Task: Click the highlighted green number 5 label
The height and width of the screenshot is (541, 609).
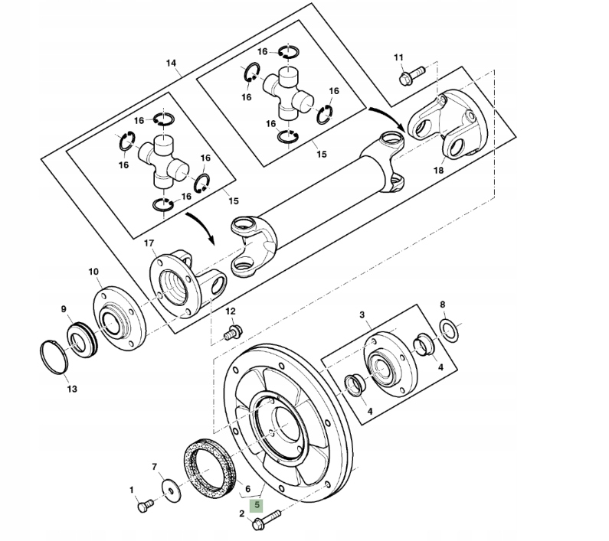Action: point(257,505)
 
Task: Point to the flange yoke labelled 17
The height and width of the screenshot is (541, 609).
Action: point(181,283)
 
